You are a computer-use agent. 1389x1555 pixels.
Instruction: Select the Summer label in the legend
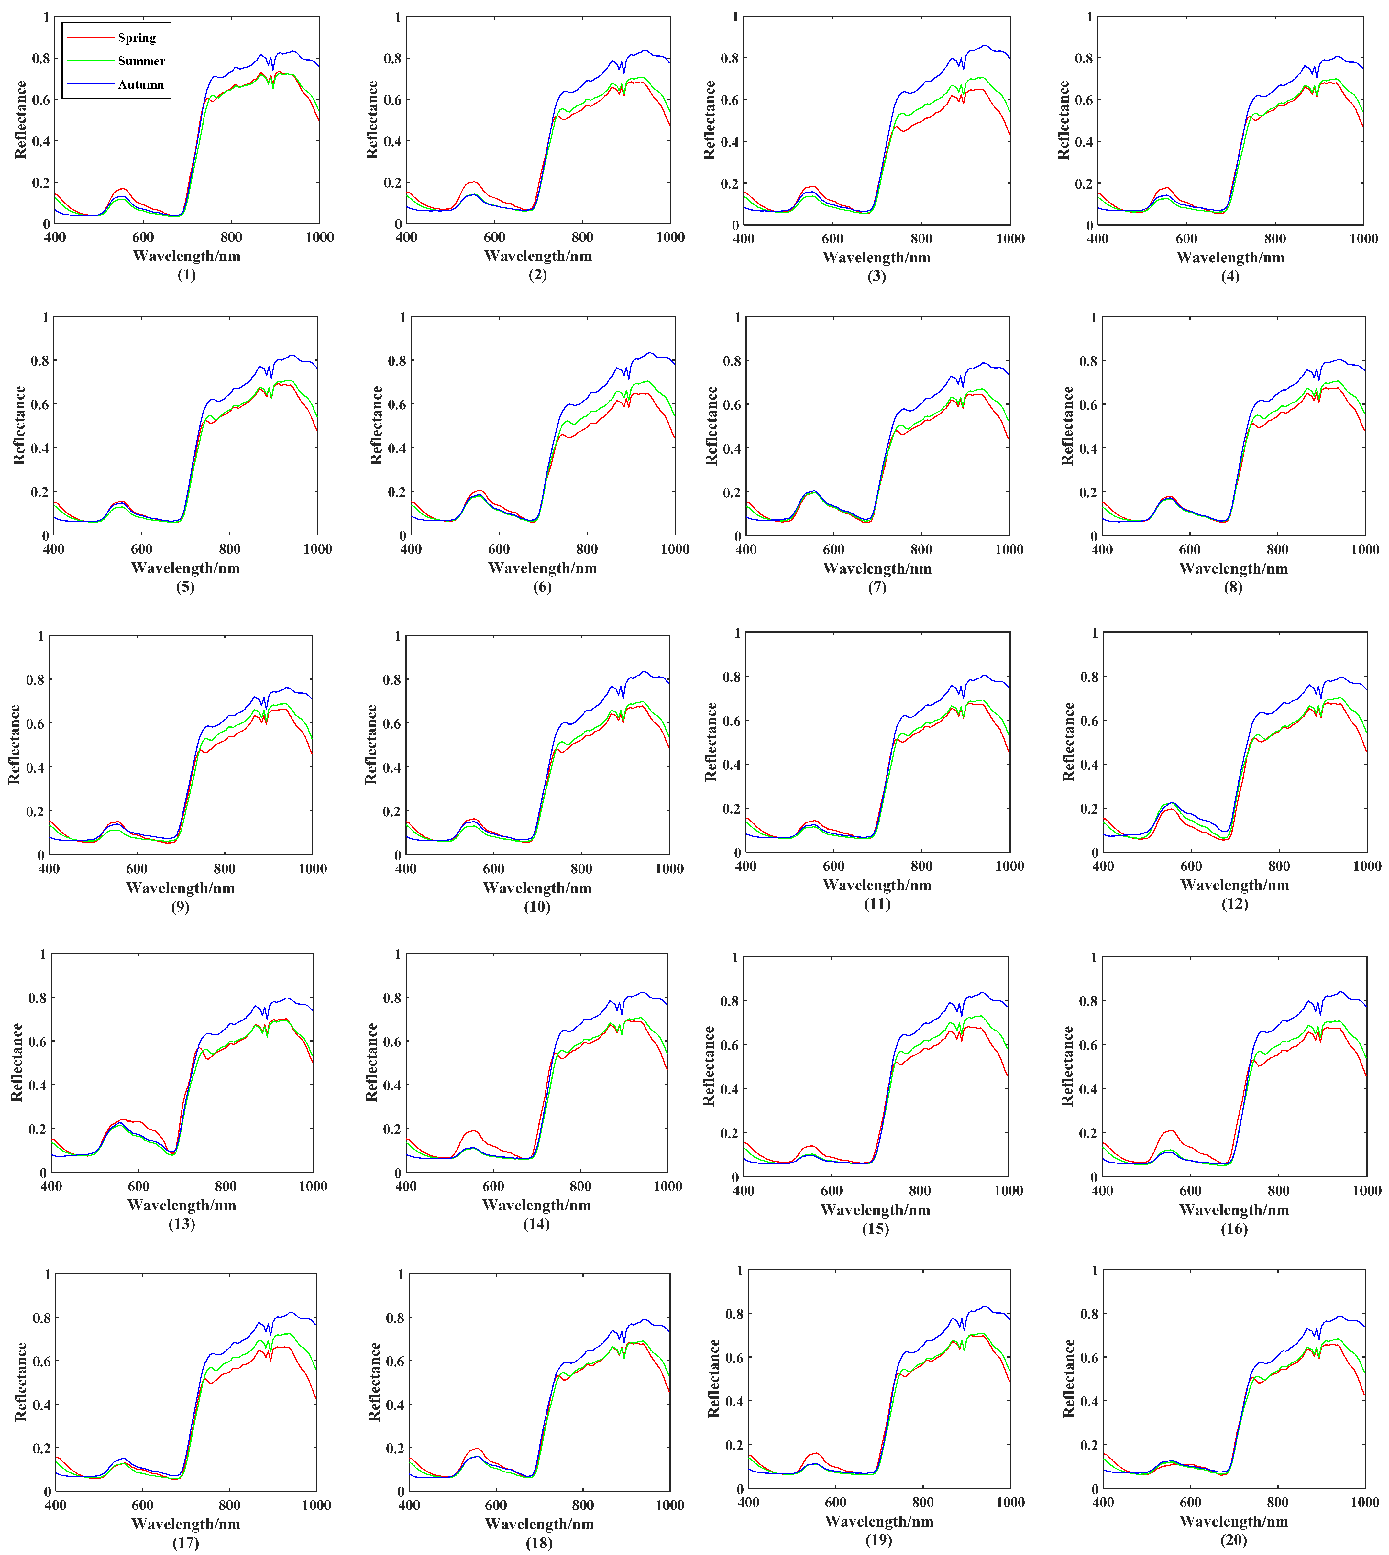click(141, 61)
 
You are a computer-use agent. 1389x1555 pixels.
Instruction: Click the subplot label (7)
click(877, 587)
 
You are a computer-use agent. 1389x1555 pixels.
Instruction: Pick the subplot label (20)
click(1234, 1539)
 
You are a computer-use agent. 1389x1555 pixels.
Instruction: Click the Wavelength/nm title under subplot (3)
click(876, 257)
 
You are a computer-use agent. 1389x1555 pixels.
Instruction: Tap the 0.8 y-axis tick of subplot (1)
click(40, 58)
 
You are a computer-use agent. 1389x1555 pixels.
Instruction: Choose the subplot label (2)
click(537, 275)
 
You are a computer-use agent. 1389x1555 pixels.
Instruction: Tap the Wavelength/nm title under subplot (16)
click(1234, 1209)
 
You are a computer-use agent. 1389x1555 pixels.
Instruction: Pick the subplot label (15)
click(876, 1229)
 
